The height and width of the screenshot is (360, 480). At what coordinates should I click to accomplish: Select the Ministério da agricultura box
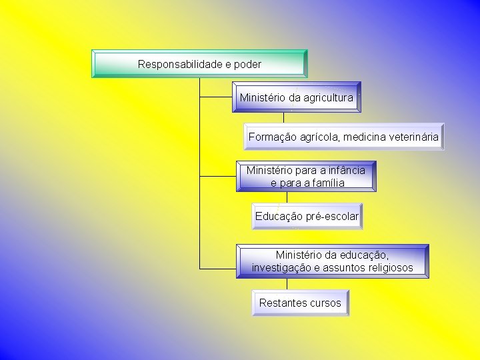pyautogui.click(x=297, y=97)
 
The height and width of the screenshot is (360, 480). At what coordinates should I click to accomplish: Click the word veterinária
pyautogui.click(x=411, y=137)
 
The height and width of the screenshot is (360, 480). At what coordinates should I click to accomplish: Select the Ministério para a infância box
pyautogui.click(x=306, y=176)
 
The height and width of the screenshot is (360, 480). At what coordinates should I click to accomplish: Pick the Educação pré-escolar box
pyautogui.click(x=307, y=216)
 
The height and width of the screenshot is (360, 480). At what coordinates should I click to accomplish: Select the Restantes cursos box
pyautogui.click(x=300, y=303)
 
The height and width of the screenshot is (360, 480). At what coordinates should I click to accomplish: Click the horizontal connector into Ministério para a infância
pyautogui.click(x=217, y=177)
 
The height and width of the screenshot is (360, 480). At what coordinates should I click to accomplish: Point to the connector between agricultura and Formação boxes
pyautogui.click(x=285, y=118)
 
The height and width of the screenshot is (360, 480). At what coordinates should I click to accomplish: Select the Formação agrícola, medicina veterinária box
pyautogui.click(x=343, y=137)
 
